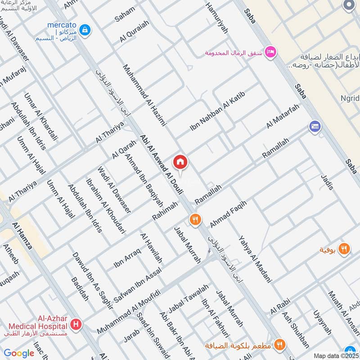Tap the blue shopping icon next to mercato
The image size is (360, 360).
[86, 31]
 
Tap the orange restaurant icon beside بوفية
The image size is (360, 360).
[344, 249]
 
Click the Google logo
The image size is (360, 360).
[19, 353]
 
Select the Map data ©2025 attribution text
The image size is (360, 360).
[336, 355]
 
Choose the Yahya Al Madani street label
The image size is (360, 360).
[256, 259]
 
